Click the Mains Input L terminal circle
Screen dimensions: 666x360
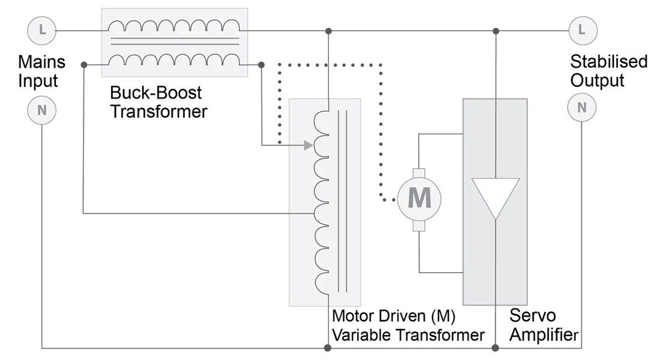coord(41,30)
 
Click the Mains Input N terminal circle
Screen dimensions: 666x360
coord(41,110)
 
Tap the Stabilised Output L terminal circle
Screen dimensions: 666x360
coord(583,30)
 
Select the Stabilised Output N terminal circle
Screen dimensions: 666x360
coord(581,107)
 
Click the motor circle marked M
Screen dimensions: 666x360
coord(419,199)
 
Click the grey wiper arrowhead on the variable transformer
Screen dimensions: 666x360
coord(309,146)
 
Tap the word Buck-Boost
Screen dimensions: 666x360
coord(155,92)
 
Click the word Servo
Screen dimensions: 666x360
coord(532,316)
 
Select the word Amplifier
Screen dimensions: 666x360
coord(544,335)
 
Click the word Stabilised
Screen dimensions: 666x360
coord(608,62)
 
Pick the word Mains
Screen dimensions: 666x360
coord(41,62)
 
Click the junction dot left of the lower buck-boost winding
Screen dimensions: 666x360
coord(84,65)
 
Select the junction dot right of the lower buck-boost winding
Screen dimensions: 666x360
coord(261,65)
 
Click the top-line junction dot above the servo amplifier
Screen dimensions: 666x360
coord(496,31)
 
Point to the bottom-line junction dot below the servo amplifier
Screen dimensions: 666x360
coord(495,347)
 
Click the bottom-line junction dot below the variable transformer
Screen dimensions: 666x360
coord(328,347)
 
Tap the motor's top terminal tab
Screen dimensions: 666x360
coord(419,173)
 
